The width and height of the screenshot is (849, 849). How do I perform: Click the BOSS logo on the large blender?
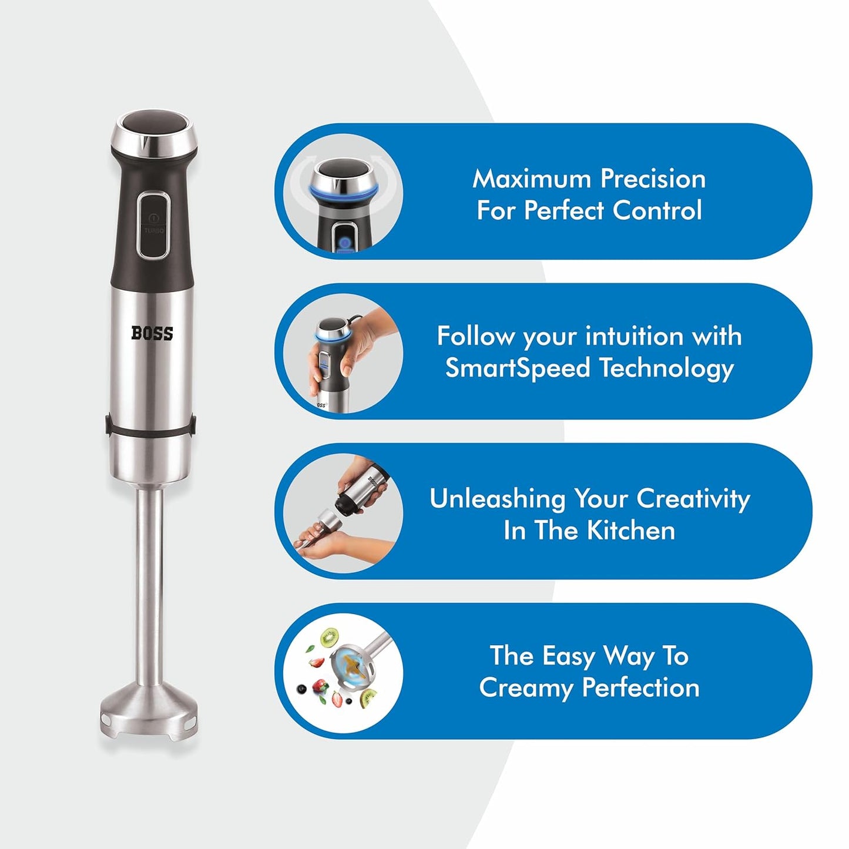(x=152, y=333)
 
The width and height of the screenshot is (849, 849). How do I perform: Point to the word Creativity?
(x=693, y=498)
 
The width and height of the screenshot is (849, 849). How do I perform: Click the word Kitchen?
(x=631, y=530)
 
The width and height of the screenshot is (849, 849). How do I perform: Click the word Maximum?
(x=532, y=179)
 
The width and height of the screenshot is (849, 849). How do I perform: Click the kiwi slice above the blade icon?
(x=330, y=636)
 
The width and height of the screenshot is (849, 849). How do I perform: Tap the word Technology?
(x=666, y=368)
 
